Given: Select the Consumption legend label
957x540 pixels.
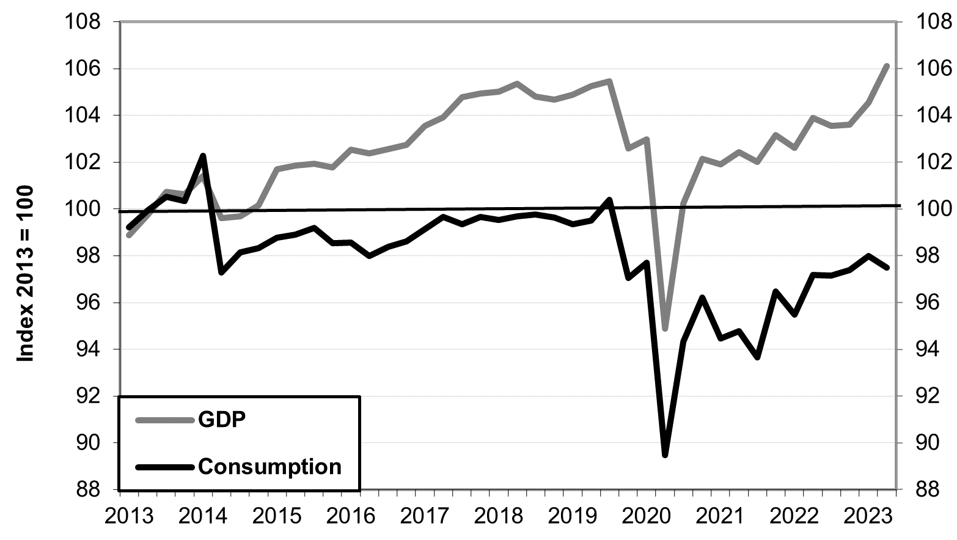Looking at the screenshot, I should pos(269,467).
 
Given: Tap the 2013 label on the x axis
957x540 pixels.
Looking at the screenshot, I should pos(129,516).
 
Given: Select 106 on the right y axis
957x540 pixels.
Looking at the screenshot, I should pos(934,69).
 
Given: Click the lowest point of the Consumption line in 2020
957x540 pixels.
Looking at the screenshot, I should pos(665,454).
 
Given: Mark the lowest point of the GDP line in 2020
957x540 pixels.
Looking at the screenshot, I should pos(665,329).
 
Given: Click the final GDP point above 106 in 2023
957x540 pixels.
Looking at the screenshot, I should pos(887,65).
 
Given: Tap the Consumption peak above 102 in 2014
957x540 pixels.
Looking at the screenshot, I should pos(203,156).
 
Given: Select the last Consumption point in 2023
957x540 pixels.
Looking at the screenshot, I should pos(887,267).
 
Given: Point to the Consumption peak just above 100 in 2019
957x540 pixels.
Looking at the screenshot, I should pos(609,200).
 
